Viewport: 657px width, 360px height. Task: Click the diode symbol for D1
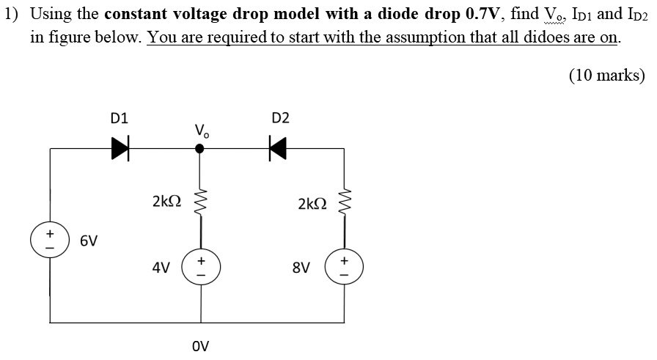tap(119, 149)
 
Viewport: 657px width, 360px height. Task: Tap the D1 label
tap(119, 117)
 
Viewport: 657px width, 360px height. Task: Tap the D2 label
tap(280, 117)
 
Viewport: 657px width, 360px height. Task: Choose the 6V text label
tap(89, 240)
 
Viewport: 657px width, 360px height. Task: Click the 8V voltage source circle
tap(345, 268)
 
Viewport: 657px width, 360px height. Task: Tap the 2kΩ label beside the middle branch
tap(165, 201)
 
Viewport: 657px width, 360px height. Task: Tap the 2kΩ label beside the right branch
tap(312, 203)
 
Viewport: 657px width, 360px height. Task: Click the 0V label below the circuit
tap(200, 345)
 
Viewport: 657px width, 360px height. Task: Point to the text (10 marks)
tap(606, 75)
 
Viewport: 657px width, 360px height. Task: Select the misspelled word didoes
tap(547, 37)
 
